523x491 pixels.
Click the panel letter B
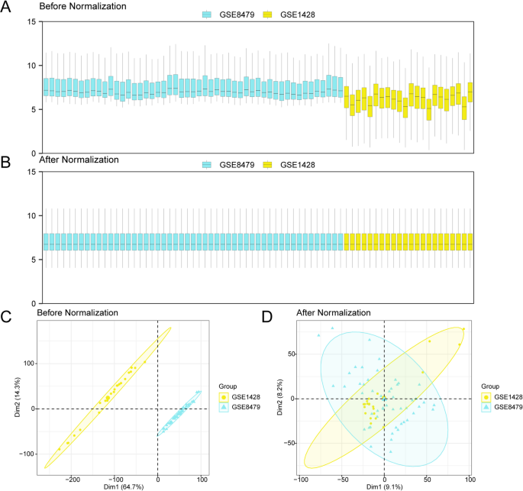click(6, 162)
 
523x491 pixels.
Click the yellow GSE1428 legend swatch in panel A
click(267, 15)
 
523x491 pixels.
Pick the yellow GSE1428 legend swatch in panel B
click(267, 165)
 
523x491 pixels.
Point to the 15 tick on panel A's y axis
click(31, 21)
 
